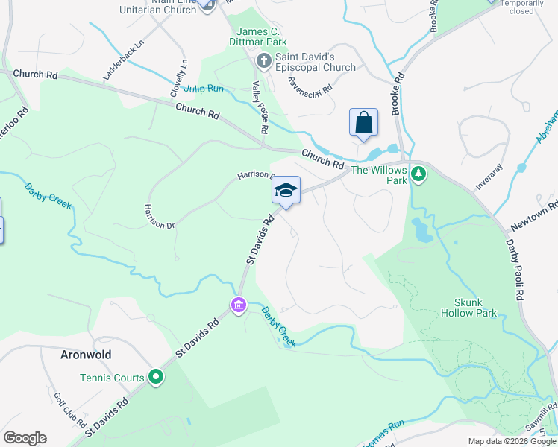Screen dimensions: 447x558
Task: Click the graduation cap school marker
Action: pos(286,191)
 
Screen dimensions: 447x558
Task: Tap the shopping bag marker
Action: pos(363,122)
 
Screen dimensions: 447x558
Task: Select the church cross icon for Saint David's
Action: pos(263,60)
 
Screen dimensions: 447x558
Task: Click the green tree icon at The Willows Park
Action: pos(418,174)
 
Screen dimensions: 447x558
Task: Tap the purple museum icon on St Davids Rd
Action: pos(238,305)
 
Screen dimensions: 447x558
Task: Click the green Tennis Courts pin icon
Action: pos(156,378)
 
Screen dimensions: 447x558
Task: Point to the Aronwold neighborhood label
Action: pos(86,355)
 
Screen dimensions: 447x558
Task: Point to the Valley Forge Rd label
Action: pos(259,107)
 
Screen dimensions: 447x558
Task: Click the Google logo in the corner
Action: pos(25,438)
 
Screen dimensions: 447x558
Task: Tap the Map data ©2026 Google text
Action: pos(512,441)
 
